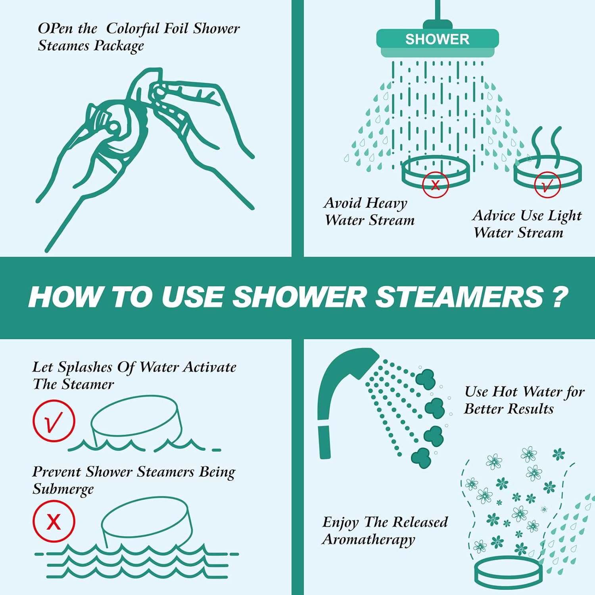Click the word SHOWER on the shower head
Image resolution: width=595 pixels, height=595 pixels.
click(437, 39)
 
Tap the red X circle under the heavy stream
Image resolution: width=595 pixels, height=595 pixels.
click(435, 184)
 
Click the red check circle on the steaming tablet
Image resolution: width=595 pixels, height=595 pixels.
click(547, 184)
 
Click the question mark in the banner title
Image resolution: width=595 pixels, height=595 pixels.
click(560, 297)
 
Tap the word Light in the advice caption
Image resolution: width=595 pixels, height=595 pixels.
click(564, 216)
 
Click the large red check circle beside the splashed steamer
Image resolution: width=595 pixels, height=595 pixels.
click(54, 421)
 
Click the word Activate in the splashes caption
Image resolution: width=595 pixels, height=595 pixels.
click(209, 367)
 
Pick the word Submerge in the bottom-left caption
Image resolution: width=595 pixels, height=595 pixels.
click(63, 489)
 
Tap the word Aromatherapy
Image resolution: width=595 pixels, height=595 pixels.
click(369, 539)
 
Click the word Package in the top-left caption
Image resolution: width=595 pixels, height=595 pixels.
click(119, 46)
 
